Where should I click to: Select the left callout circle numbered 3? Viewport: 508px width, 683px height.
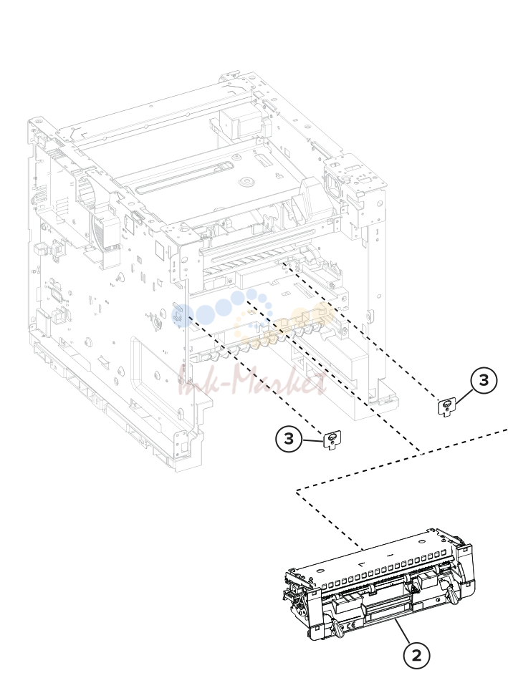(x=289, y=439)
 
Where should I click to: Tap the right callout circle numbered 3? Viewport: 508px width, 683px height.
(x=484, y=380)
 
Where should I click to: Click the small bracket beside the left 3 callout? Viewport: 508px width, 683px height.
(x=332, y=440)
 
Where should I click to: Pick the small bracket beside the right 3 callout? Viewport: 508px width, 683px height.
(x=446, y=407)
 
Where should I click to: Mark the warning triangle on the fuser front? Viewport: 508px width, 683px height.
(x=342, y=627)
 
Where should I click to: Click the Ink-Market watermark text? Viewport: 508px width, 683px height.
(x=253, y=381)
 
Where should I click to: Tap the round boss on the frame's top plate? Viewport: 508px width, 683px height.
(x=246, y=180)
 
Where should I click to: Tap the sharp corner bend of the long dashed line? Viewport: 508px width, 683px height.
(x=297, y=491)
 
